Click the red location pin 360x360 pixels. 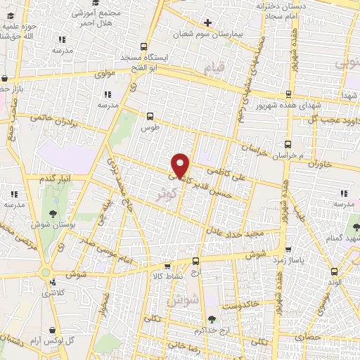point(181,165)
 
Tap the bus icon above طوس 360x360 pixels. point(149,116)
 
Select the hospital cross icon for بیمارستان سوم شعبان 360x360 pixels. point(207,22)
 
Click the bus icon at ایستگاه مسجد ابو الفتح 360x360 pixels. point(144,48)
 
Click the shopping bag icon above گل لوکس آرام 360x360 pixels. point(53,329)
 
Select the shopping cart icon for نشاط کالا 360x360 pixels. point(167,266)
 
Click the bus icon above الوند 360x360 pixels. point(335,269)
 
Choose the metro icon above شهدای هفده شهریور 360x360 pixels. point(288,94)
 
